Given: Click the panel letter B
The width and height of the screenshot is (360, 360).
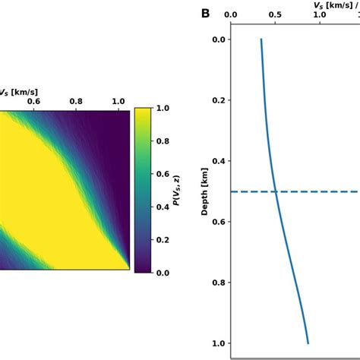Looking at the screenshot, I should [205, 13].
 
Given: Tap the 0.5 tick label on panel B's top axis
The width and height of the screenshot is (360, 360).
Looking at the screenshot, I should [275, 14].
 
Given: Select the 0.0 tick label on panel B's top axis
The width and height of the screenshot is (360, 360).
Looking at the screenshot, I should [232, 14].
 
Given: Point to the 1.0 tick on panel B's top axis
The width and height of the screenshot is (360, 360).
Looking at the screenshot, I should [319, 14].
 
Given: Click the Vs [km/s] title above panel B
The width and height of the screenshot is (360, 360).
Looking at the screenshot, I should [334, 4].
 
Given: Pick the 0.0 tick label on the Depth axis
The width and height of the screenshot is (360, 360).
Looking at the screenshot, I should [219, 39].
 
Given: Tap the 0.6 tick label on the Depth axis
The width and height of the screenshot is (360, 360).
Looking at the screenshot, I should [219, 222].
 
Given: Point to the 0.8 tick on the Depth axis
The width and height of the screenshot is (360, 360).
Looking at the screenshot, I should [219, 283].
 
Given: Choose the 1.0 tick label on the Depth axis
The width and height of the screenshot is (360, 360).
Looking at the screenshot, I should [219, 343].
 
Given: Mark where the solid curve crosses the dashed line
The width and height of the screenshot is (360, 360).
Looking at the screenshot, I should [276, 191].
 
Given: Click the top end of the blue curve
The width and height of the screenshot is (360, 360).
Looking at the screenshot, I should [261, 39].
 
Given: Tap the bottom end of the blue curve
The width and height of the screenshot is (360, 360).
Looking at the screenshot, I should [308, 343].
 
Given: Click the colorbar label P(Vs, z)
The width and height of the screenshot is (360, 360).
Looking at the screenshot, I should [175, 189].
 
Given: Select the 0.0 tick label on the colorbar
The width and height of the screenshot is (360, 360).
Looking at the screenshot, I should [163, 272].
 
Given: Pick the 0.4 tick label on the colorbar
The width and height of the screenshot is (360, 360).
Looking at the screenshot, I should [163, 207].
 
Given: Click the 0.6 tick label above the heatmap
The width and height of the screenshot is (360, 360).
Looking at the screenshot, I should [34, 100].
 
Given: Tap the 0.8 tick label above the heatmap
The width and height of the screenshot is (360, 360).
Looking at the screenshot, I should [77, 100].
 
